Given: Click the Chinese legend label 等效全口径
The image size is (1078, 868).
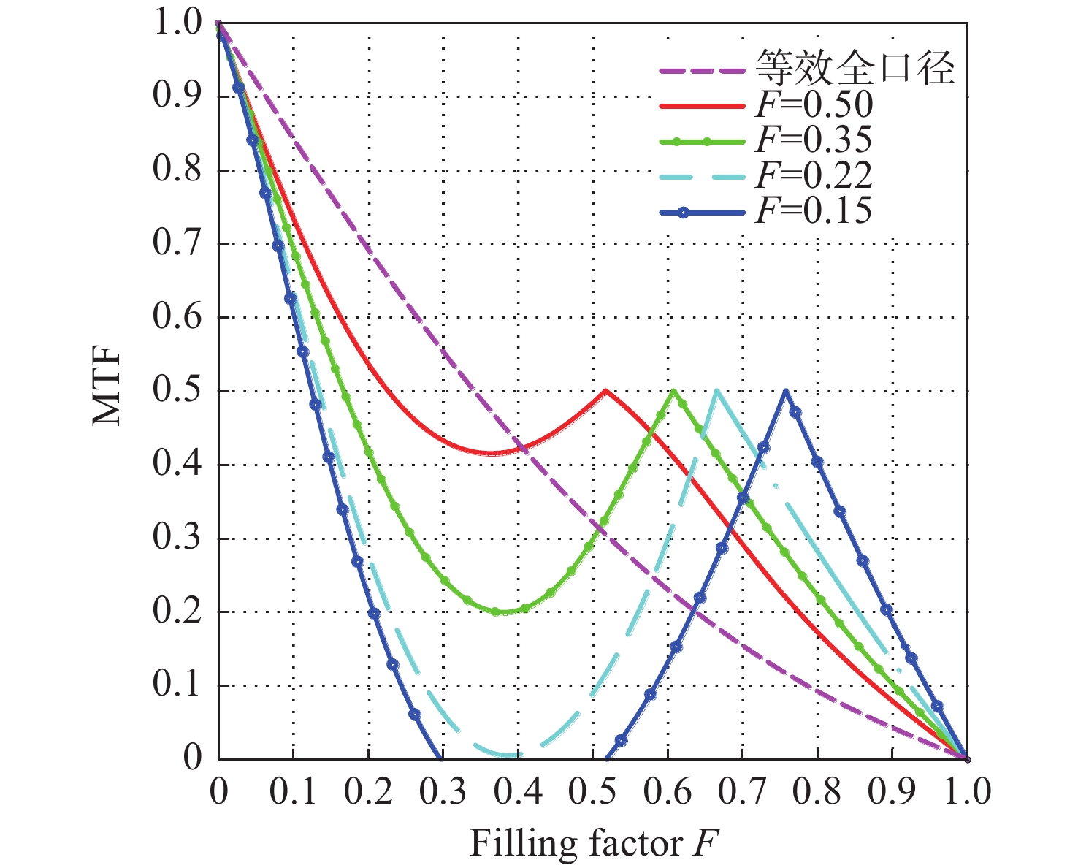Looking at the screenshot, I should (x=855, y=70).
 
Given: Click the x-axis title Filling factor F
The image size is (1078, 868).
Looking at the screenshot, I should (x=594, y=844).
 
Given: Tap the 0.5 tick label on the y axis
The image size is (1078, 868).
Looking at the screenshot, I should (x=177, y=391).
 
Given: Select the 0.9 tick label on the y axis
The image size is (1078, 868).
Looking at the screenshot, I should (x=177, y=96).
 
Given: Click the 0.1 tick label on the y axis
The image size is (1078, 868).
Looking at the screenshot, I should (x=177, y=685).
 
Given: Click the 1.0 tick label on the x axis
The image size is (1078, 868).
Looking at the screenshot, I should (x=966, y=792).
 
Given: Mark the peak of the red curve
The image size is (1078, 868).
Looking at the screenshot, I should (x=605, y=390).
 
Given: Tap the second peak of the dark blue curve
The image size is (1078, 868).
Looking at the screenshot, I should (x=786, y=390).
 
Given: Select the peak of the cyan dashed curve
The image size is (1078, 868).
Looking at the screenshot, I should (x=716, y=390).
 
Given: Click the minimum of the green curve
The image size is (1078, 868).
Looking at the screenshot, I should (x=497, y=612).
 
